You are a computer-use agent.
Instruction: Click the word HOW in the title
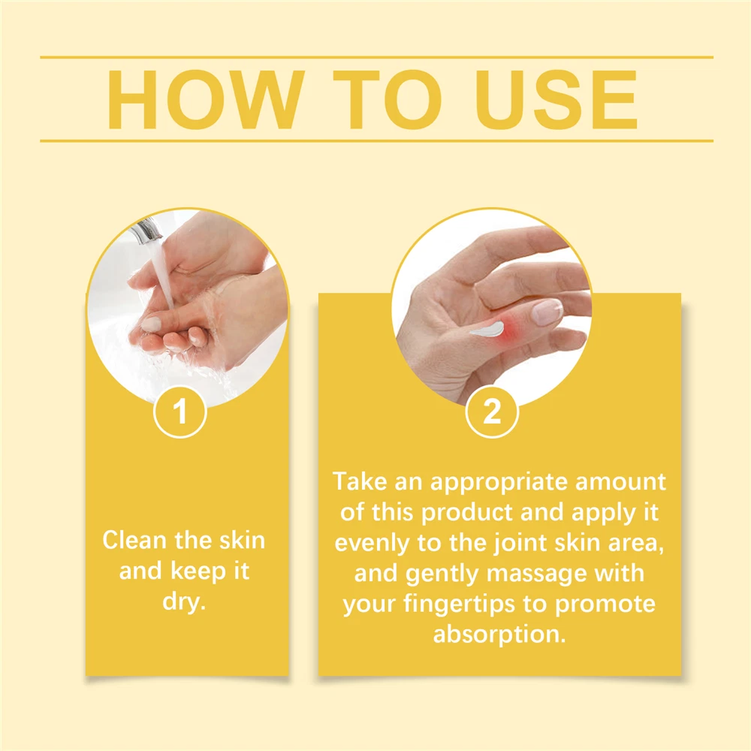[x=207, y=99]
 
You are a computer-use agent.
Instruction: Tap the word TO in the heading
[x=387, y=99]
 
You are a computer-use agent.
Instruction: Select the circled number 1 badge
[x=180, y=412]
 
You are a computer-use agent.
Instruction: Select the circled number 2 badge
[x=492, y=412]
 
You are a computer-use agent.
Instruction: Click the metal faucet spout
[x=146, y=231]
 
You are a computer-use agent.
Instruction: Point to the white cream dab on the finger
[x=487, y=329]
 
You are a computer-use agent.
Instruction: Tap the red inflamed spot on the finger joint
[x=511, y=330]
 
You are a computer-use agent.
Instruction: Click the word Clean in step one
[x=134, y=540]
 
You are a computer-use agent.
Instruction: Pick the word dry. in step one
[x=185, y=602]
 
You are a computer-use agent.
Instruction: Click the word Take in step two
[x=360, y=481]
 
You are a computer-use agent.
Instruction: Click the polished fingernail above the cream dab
[x=547, y=311]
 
